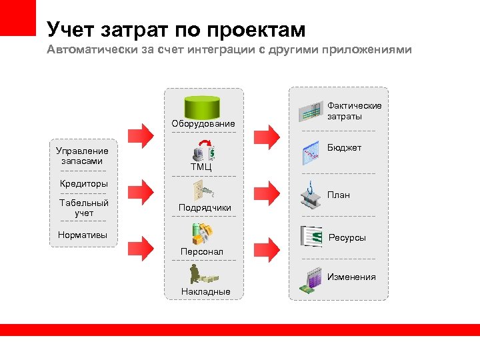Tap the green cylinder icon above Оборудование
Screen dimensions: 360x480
point(203,106)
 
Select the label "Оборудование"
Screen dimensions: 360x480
point(203,123)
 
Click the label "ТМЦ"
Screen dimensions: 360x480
point(201,167)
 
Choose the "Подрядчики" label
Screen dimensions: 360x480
point(205,207)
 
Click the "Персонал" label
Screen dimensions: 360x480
point(202,251)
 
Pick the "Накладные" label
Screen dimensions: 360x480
point(205,291)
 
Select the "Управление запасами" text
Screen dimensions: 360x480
point(82,156)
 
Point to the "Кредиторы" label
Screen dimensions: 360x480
point(83,183)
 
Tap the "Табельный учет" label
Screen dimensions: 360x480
point(83,207)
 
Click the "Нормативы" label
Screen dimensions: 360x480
point(82,235)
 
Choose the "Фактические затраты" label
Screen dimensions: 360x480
point(354,111)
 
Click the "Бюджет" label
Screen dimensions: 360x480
point(344,147)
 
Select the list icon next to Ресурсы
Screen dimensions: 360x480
point(311,236)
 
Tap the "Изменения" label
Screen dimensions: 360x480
point(351,277)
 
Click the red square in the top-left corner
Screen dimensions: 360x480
point(17,17)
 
